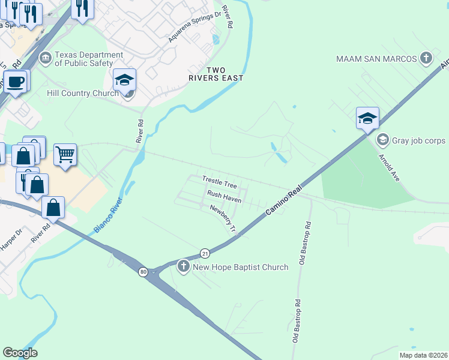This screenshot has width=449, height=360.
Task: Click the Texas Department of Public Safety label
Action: [83, 58]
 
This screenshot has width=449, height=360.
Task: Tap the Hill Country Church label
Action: [83, 93]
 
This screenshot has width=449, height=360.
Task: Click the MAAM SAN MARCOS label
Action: [376, 59]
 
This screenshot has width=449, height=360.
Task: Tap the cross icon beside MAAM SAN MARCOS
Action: [426, 58]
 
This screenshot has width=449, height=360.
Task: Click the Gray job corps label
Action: [419, 140]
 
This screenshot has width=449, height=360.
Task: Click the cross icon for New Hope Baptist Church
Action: [183, 266]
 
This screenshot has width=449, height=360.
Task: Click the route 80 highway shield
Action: [143, 272]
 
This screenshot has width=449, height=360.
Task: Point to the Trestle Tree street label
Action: [220, 181]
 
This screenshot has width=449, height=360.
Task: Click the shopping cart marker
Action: [65, 154]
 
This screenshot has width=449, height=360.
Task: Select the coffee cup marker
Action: [15, 80]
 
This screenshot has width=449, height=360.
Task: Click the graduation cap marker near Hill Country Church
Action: [125, 79]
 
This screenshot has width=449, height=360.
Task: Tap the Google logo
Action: [20, 353]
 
